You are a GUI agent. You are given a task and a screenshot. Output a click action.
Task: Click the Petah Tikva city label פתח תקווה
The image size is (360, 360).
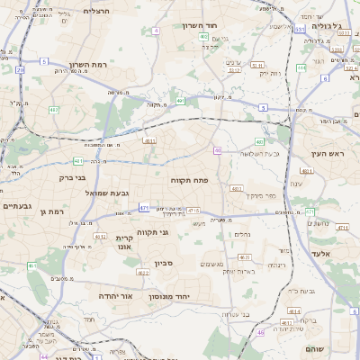189,181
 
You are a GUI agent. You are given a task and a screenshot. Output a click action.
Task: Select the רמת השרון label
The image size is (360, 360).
87,65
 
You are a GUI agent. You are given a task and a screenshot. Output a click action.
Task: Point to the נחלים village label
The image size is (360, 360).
242,234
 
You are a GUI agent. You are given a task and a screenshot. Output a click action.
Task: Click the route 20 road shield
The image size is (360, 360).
20,69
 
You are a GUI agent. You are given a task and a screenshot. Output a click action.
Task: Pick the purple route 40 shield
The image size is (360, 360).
218,150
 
